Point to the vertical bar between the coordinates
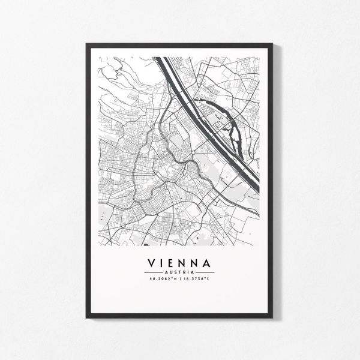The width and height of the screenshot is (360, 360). [x=179, y=278]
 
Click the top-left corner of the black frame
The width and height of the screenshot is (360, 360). [x=86, y=43]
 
